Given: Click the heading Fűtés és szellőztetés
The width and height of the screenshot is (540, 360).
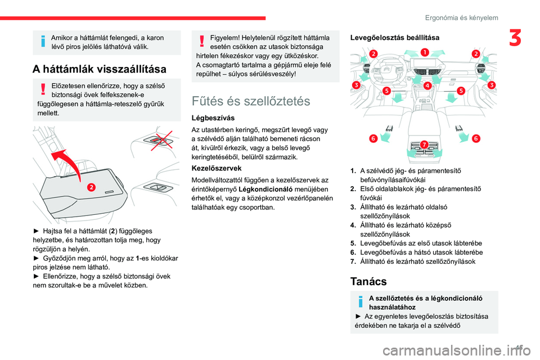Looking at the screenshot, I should pyautogui.click(x=250, y=101).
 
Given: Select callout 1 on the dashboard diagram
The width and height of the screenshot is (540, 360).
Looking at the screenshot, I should pyautogui.click(x=424, y=52).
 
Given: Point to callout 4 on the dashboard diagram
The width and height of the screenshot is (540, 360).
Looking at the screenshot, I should pyautogui.click(x=427, y=86).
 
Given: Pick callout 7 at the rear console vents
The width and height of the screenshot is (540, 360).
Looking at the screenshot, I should pyautogui.click(x=424, y=145).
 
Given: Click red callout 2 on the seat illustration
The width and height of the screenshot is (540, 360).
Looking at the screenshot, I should pyautogui.click(x=91, y=186).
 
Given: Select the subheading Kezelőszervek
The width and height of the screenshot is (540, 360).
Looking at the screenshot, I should pyautogui.click(x=215, y=168).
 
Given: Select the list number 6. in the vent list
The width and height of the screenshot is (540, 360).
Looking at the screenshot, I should pyautogui.click(x=354, y=252).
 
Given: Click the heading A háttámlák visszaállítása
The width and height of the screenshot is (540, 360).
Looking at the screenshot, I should pyautogui.click(x=100, y=69).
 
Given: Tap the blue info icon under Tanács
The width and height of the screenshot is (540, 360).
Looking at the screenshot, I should pyautogui.click(x=361, y=302).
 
